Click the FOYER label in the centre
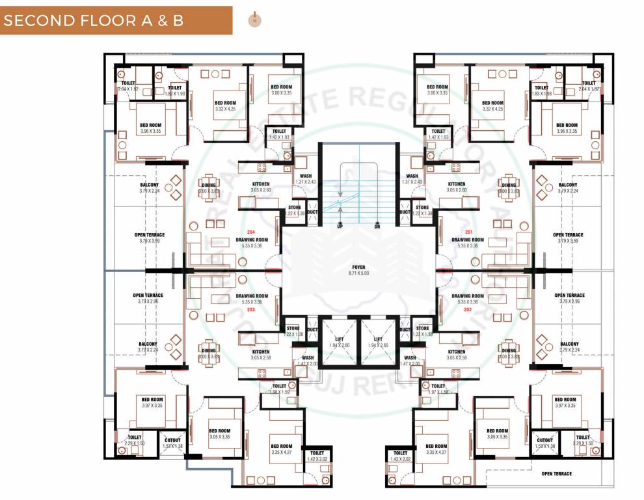358,267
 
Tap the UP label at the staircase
340,226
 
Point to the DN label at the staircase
377,226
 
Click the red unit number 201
468,232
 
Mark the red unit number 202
468,309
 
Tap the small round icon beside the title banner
254,20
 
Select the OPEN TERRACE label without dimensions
557,473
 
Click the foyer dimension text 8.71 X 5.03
358,273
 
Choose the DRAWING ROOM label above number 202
468,296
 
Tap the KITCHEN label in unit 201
457,184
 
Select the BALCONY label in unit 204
149,184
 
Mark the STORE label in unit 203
293,328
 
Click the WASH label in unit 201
412,176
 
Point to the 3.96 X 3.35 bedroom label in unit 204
150,131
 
